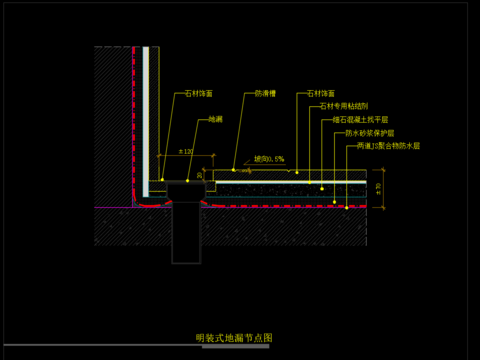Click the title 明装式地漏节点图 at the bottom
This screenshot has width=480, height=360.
point(233,339)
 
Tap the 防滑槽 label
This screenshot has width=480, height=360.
point(264,94)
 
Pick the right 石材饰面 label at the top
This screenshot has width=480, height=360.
point(321,94)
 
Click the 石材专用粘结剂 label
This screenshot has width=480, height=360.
point(345,106)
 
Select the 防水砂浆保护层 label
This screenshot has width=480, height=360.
point(370,132)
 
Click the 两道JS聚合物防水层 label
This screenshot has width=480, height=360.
point(388,145)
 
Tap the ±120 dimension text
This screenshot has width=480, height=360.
point(185,152)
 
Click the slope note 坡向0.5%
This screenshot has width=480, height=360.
point(269,158)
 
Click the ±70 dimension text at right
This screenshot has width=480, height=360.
point(377,188)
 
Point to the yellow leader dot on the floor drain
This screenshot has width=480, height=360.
point(188,181)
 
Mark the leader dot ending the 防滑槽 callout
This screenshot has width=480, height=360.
point(233,169)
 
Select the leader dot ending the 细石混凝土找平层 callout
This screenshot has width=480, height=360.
point(322,187)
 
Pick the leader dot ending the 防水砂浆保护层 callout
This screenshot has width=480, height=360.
point(334,200)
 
